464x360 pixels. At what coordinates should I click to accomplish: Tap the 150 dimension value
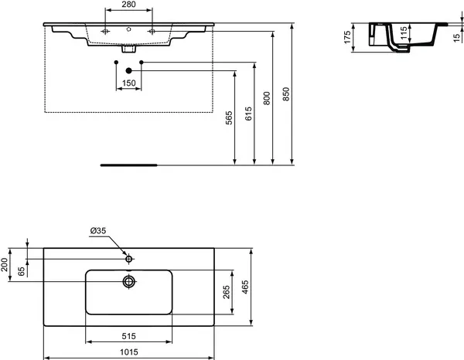coord(128,83)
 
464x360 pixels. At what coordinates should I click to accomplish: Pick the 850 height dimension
coord(286,94)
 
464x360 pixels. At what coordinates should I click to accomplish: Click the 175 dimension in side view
coord(349,37)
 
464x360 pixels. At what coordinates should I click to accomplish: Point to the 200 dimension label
coord(5,267)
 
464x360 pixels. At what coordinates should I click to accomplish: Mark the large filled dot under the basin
coord(128,70)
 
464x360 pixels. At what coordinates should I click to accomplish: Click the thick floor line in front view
coord(128,165)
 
